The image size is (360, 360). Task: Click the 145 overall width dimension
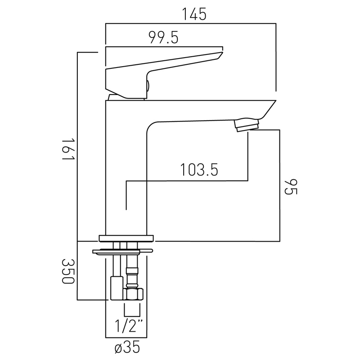194,14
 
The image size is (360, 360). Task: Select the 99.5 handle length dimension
163,37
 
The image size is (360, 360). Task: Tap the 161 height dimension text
69,149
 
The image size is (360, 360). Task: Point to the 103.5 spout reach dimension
199,170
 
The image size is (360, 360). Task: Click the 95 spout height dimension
291,187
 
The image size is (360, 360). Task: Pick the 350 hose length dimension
68,271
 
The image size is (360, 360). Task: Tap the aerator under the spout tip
247,125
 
